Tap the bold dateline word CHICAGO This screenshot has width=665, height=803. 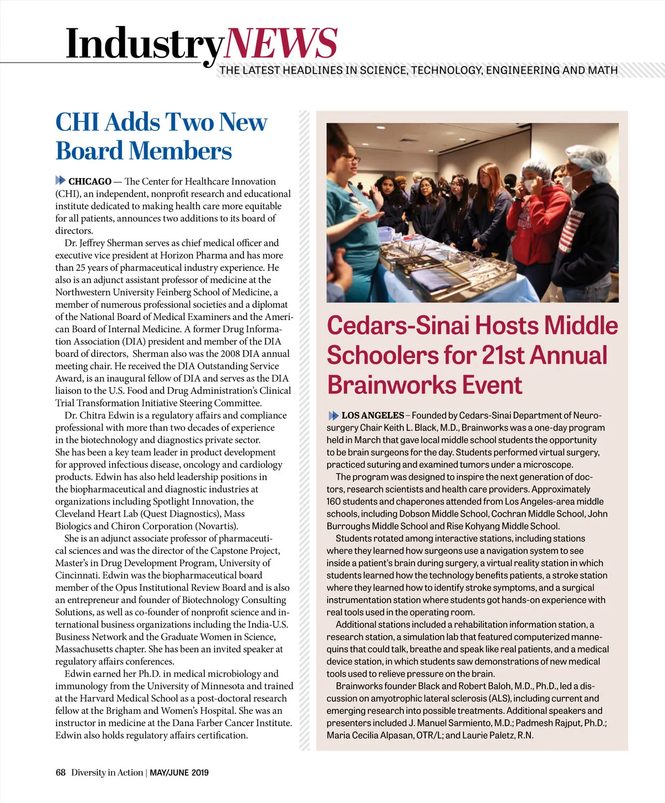tap(90, 182)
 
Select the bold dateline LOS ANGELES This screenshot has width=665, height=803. tap(372, 415)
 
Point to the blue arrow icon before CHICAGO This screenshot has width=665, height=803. tap(60, 181)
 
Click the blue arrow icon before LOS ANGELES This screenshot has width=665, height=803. tap(333, 415)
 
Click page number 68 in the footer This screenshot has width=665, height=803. tap(60, 773)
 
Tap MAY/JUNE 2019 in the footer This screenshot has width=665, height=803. tap(179, 773)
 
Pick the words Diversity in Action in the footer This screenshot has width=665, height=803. tap(107, 773)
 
